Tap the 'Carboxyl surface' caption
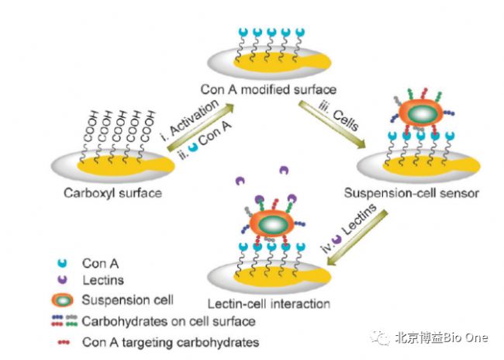pos(112,192)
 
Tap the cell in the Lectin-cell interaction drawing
pos(271,223)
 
